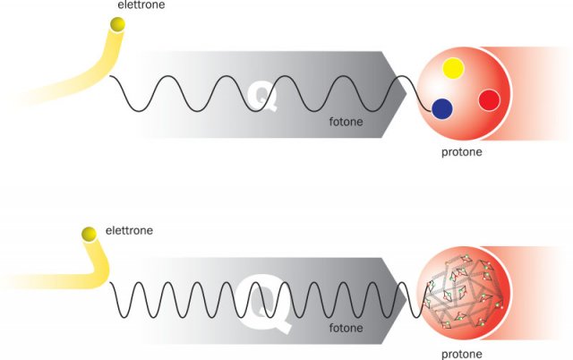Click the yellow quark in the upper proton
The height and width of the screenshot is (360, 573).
pos(452,68)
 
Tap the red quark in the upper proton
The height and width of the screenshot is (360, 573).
pos(488,99)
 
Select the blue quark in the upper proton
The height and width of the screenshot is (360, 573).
pos(441,109)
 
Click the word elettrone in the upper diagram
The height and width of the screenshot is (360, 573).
pos(141,5)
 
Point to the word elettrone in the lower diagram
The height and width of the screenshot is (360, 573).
pos(130,230)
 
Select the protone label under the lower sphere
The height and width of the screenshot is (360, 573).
pos(466,352)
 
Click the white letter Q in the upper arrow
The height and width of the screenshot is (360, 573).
pos(263,93)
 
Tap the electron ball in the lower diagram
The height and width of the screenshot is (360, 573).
pos(88,236)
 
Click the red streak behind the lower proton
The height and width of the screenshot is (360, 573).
pos(542,296)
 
